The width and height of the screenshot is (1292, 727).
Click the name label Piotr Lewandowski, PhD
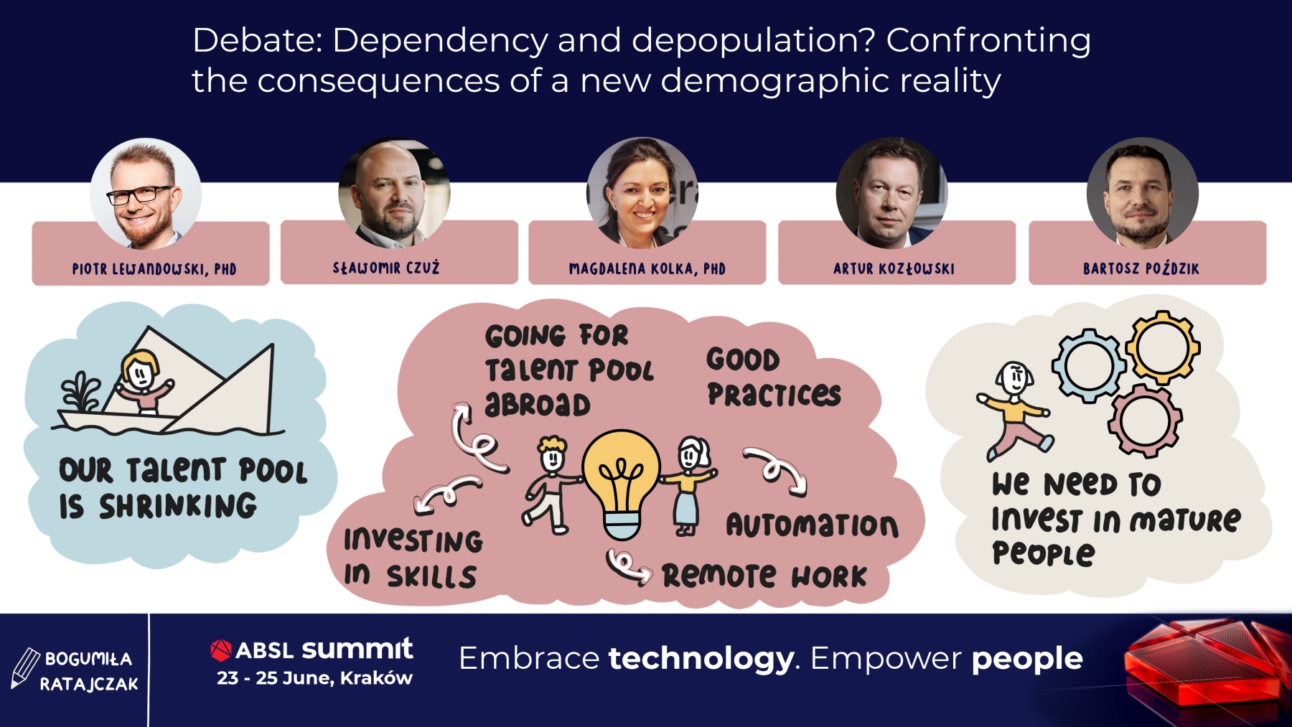pyautogui.click(x=154, y=269)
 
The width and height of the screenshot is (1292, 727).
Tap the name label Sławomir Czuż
pyautogui.click(x=386, y=268)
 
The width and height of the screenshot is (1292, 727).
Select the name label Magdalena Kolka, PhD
pyautogui.click(x=647, y=269)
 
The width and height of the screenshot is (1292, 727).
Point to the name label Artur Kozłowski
pyautogui.click(x=894, y=268)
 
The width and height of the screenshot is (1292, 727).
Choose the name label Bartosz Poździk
pyautogui.click(x=1141, y=268)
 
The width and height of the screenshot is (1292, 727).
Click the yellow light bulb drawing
pyautogui.click(x=622, y=484)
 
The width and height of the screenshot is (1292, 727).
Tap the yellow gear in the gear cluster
pyautogui.click(x=1163, y=348)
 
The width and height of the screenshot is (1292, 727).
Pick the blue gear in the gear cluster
pyautogui.click(x=1088, y=365)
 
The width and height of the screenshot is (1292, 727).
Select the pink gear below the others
pyautogui.click(x=1144, y=421)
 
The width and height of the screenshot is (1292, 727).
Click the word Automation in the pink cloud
pyautogui.click(x=812, y=525)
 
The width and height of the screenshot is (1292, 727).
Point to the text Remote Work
pyautogui.click(x=764, y=576)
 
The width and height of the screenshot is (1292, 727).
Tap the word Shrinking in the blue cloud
pyautogui.click(x=178, y=506)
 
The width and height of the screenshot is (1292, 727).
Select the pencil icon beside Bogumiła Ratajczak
pyautogui.click(x=25, y=668)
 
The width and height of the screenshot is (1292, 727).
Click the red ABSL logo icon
pyautogui.click(x=220, y=649)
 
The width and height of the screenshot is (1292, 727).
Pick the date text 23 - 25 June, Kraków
pyautogui.click(x=314, y=678)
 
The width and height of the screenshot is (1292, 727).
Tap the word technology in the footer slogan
pyautogui.click(x=701, y=659)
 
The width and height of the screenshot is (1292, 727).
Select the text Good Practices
pyautogui.click(x=773, y=377)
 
